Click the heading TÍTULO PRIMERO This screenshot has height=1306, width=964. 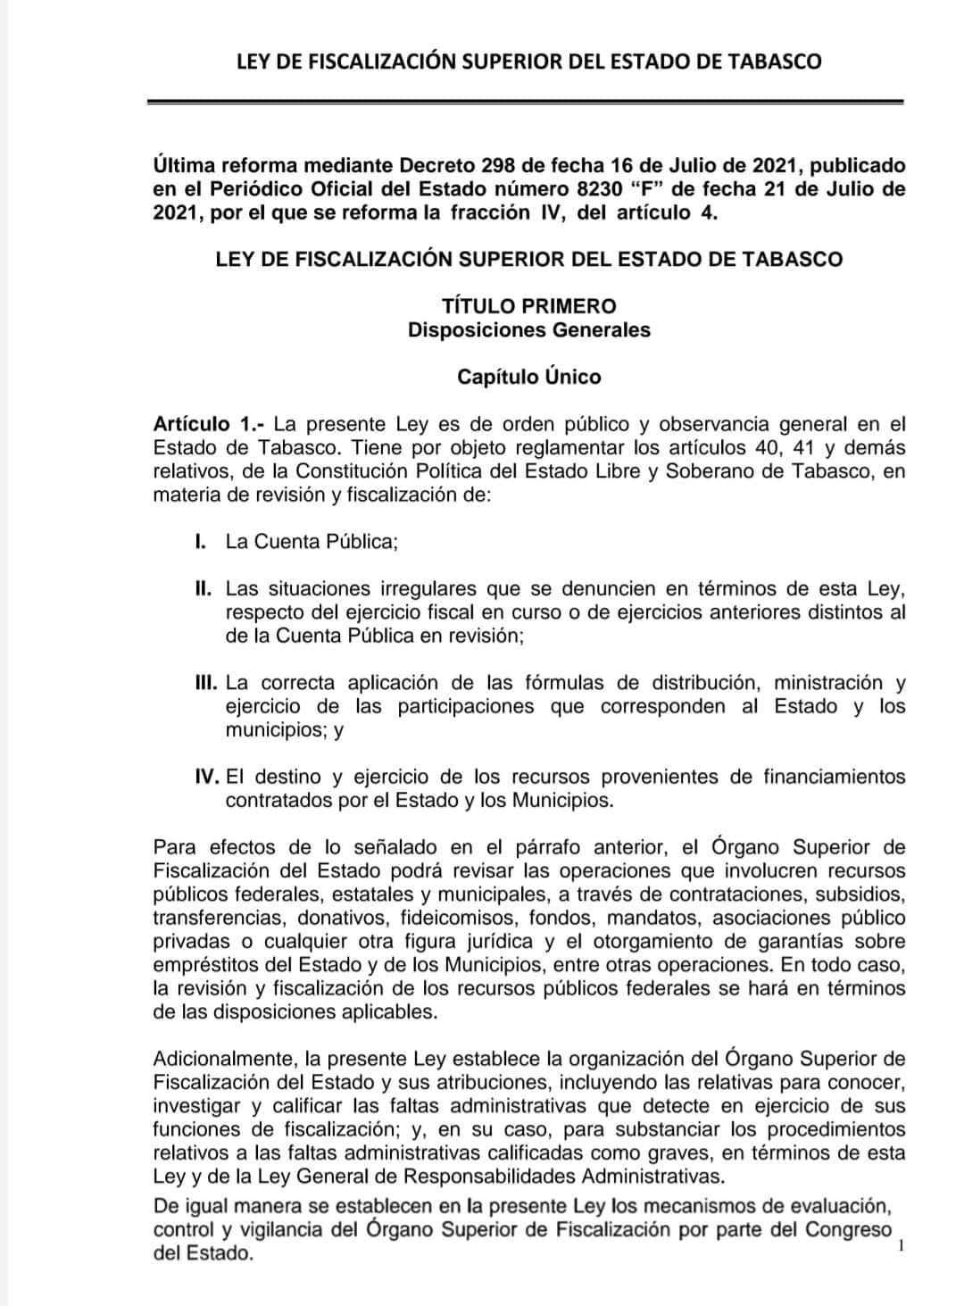528,306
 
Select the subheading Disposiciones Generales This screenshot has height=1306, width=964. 528,329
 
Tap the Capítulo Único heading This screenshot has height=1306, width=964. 528,377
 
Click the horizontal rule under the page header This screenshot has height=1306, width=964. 526,102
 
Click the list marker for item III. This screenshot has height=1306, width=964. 206,683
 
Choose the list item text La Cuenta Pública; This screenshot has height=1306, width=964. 311,542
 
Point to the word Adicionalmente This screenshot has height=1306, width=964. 224,1060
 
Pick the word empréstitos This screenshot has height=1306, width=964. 206,965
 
